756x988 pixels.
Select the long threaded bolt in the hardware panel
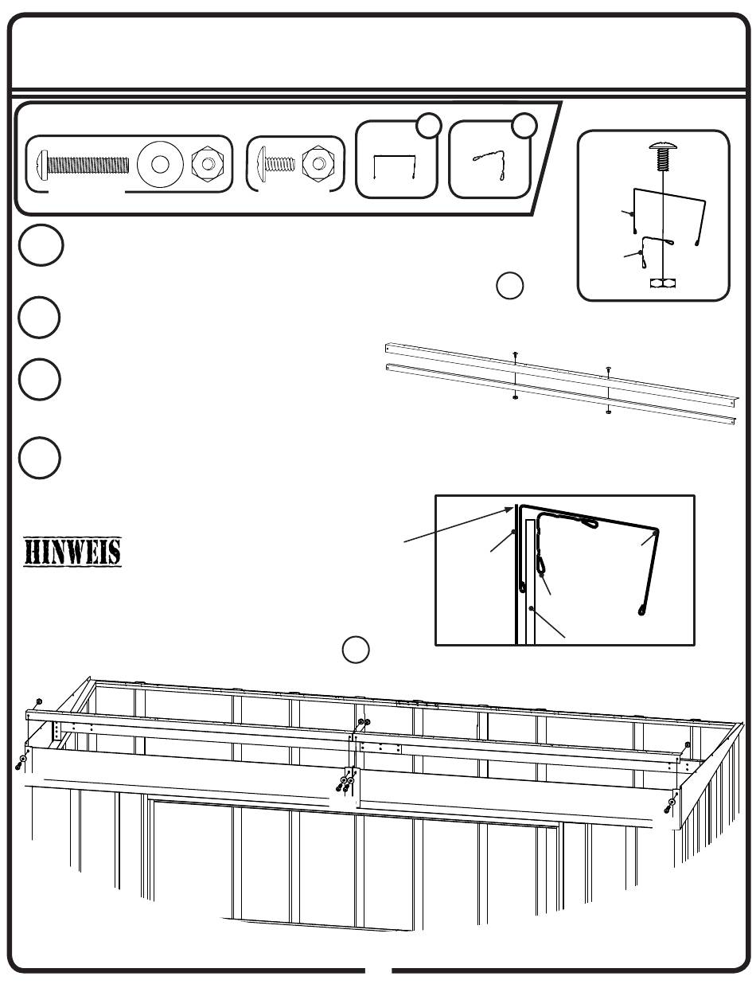84,165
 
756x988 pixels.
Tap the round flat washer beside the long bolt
159,165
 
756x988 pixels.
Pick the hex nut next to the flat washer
207,165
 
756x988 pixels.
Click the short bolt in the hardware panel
274,164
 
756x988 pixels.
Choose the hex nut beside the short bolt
318,164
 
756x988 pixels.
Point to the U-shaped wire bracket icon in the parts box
395,168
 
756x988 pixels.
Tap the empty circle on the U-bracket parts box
430,125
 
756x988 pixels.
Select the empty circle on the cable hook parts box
524,125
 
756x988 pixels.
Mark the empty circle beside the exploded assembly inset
510,286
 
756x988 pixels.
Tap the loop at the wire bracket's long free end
642,611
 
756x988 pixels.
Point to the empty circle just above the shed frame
356,650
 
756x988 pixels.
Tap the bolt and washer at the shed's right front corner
671,804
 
